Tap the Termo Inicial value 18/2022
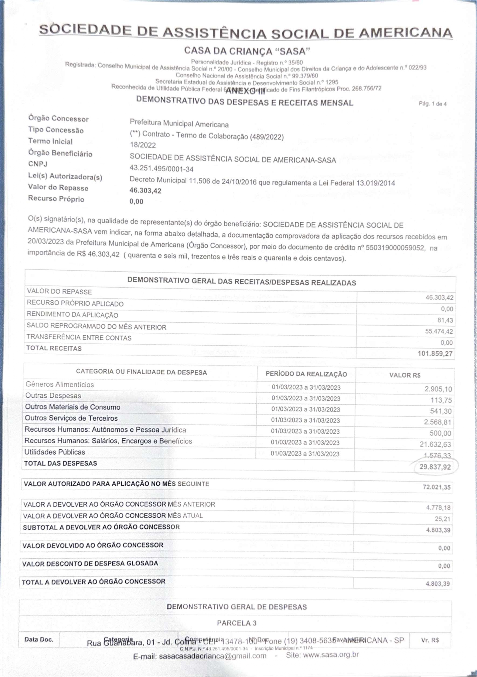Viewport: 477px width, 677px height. coord(143,145)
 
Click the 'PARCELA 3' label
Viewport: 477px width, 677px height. coord(237,623)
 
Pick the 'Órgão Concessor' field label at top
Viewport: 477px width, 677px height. coord(58,119)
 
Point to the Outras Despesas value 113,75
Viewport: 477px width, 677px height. coord(441,400)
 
